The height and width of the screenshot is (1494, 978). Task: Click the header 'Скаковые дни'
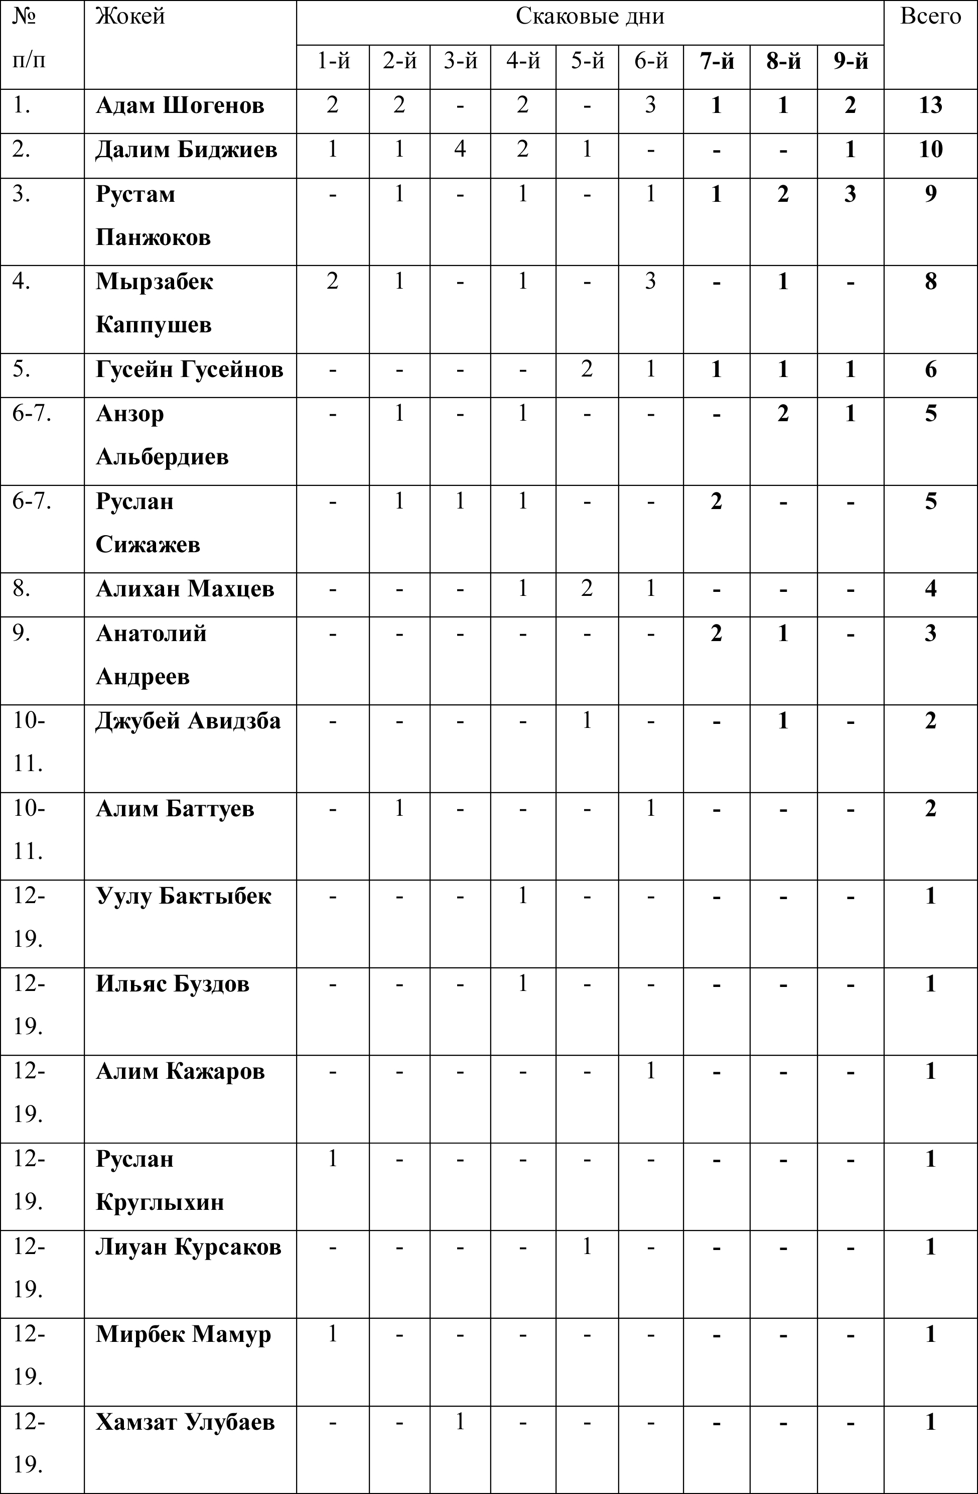pyautogui.click(x=590, y=17)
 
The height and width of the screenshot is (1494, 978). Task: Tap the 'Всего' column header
pyautogui.click(x=930, y=17)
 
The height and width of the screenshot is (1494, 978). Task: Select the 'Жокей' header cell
pyautogui.click(x=130, y=17)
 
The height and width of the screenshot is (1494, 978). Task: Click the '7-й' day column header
pyautogui.click(x=717, y=62)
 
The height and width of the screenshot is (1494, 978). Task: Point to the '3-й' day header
pyautogui.click(x=461, y=62)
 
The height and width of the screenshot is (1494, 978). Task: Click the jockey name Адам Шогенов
pyautogui.click(x=180, y=105)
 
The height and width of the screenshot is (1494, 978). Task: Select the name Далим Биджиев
pyautogui.click(x=186, y=150)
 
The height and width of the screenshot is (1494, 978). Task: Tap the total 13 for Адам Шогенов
pyautogui.click(x=930, y=105)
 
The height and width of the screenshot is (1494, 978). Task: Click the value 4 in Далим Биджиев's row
pyautogui.click(x=461, y=150)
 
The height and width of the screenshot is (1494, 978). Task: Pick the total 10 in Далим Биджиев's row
pyautogui.click(x=930, y=150)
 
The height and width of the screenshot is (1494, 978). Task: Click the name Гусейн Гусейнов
pyautogui.click(x=190, y=369)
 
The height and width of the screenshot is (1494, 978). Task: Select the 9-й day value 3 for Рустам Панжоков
pyautogui.click(x=850, y=194)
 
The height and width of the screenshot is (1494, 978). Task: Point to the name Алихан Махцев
pyautogui.click(x=185, y=589)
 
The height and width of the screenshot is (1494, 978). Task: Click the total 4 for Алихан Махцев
pyautogui.click(x=930, y=589)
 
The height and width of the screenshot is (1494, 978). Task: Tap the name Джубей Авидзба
pyautogui.click(x=188, y=720)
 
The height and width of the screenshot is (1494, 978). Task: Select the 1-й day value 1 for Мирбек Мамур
pyautogui.click(x=333, y=1334)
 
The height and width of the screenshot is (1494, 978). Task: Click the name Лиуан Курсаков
pyautogui.click(x=188, y=1247)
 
